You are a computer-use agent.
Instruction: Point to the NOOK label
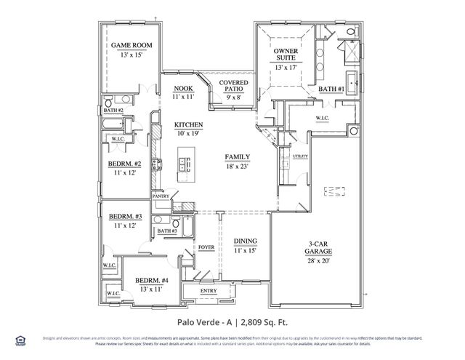coord(182,88)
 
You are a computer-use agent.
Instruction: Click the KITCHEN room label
coord(188,125)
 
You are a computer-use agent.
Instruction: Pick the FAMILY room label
coord(238,157)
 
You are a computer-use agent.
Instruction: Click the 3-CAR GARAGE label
coord(318,246)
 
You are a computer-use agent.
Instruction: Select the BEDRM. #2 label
coord(124,164)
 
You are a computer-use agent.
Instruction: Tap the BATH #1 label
coord(331,89)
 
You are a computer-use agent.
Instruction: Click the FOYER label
coord(206,247)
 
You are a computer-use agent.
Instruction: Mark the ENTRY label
coord(209,291)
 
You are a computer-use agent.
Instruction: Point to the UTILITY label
coord(300,156)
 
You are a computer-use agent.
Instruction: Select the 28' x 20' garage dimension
coord(318,260)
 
